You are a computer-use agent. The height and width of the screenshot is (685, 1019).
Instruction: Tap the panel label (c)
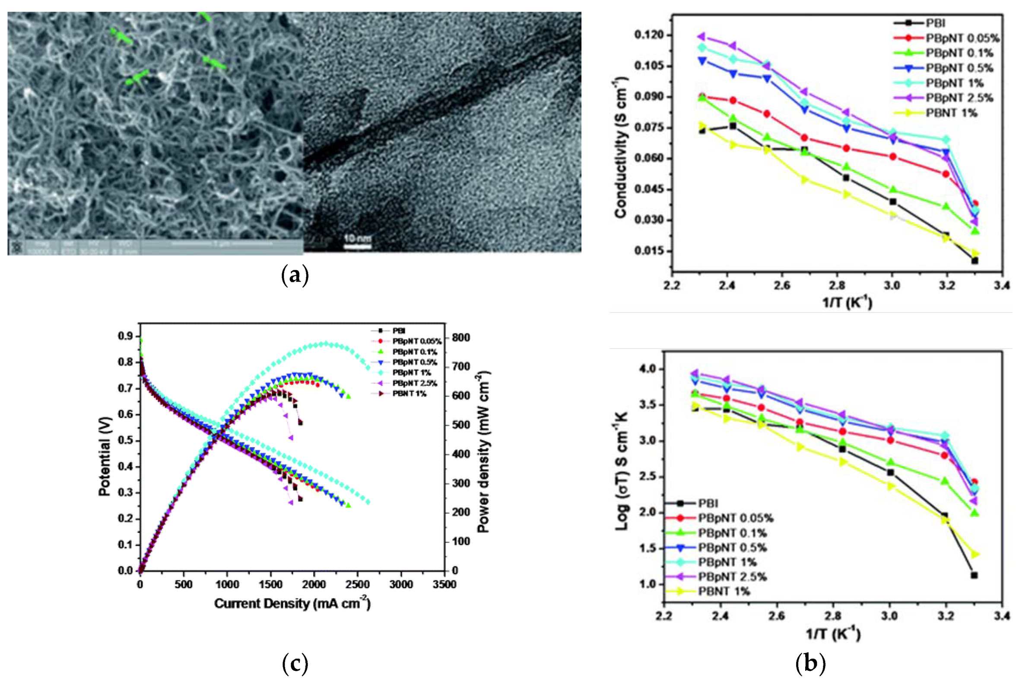[x=295, y=663]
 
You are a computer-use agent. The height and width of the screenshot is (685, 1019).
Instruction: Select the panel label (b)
[x=810, y=663]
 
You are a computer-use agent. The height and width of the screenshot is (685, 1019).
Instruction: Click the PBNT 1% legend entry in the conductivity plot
[x=951, y=113]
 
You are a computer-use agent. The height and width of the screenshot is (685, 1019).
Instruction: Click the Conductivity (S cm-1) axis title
[x=620, y=147]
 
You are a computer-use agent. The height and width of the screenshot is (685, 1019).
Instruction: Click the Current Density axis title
[x=292, y=603]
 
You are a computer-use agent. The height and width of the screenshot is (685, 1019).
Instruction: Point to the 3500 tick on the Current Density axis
[x=444, y=585]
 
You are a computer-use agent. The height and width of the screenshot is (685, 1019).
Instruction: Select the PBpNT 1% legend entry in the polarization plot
[x=411, y=373]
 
